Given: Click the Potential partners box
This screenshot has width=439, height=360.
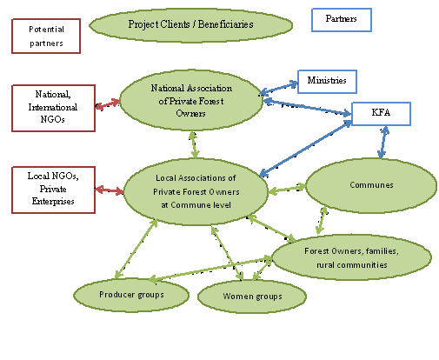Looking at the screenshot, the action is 46,37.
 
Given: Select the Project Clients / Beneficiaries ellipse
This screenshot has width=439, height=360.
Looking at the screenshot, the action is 190,25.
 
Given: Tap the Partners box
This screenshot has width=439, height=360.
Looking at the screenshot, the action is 342,20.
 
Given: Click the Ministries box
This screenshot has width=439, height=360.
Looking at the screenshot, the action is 327,82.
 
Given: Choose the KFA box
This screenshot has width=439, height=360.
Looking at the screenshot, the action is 381,114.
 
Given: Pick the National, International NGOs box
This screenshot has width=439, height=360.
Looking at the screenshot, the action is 53,108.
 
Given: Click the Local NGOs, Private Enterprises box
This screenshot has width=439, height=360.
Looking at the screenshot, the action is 53,190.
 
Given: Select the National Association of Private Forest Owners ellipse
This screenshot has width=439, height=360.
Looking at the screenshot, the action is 191,100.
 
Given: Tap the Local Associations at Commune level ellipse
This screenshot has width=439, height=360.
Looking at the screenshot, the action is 196,191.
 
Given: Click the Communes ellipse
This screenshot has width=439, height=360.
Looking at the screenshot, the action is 371,185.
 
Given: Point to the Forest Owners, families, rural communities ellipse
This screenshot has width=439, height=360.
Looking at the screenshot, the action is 351,257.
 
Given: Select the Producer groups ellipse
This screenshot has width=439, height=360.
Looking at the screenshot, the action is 131,295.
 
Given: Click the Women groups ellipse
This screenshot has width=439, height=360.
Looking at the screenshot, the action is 252,297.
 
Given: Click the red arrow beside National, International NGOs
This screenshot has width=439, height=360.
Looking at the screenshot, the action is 108,104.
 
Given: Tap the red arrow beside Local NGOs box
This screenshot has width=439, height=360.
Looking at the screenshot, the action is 110,190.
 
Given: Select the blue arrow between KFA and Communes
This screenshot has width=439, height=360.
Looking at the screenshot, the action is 383,143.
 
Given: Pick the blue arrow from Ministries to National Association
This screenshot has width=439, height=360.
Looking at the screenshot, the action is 279,89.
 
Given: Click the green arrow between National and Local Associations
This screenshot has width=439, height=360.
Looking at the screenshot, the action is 194,144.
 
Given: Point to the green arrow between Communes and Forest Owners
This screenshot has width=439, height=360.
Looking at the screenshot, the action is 322,220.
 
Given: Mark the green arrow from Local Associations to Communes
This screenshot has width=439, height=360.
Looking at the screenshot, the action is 287,189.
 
